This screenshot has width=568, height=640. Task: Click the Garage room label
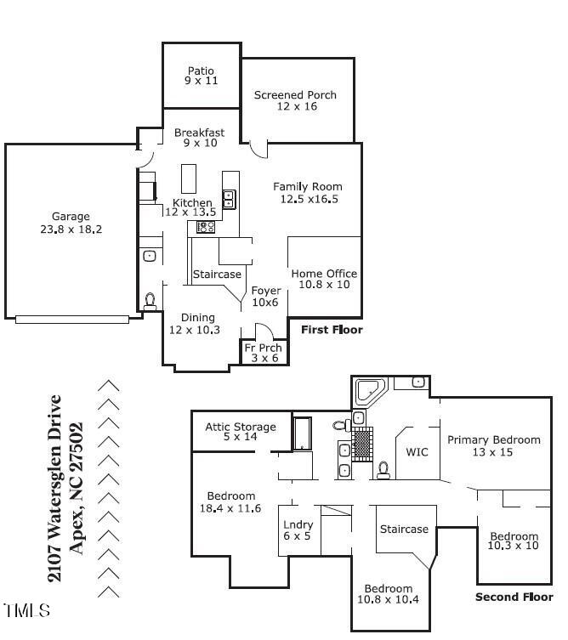tap(70, 223)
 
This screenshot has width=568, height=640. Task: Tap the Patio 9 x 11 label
tap(201, 76)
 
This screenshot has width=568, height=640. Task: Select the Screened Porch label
tap(295, 100)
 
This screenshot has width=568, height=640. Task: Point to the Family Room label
tap(307, 192)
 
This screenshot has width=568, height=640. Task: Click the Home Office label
tap(324, 279)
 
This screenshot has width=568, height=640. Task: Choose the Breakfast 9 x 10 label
tap(199, 138)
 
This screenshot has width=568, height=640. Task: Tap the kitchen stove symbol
tap(206, 227)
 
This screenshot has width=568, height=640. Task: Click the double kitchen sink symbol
tap(229, 200)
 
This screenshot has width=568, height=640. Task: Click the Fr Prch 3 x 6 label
tap(264, 353)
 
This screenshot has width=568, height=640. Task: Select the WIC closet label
tap(417, 451)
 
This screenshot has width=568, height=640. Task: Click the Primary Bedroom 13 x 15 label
tap(493, 445)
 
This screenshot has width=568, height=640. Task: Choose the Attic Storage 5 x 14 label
tap(241, 432)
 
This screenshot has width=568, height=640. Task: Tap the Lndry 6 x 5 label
tap(298, 530)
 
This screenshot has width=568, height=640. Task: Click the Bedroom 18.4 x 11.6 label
tap(230, 501)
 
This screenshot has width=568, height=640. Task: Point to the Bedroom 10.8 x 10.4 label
tap(388, 594)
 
